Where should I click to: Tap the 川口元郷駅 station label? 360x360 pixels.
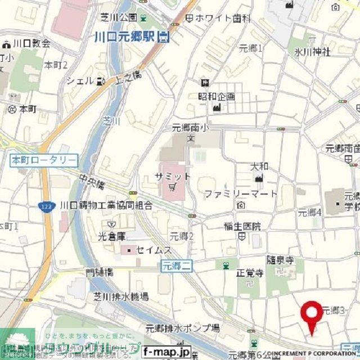click(x=127, y=38)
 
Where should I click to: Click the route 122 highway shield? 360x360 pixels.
click(x=45, y=207)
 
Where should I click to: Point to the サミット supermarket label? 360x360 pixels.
click(x=173, y=177)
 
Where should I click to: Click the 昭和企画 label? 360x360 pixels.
click(x=217, y=96)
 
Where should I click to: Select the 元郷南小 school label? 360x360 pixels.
click(x=191, y=128)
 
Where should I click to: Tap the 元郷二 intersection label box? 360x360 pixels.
click(x=176, y=264)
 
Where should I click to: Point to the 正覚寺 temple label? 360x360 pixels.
click(x=250, y=274)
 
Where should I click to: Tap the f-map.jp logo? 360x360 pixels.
click(x=166, y=351)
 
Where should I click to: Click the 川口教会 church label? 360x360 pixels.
click(x=30, y=43)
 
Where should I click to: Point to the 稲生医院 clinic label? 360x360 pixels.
click(x=241, y=227)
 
